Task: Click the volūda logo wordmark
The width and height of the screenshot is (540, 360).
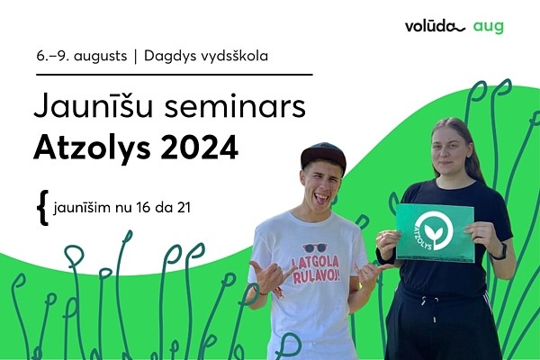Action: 435,26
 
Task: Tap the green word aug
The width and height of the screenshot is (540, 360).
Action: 489,27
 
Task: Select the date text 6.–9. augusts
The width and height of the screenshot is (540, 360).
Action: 82,56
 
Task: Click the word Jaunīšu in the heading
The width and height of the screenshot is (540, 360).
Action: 93,106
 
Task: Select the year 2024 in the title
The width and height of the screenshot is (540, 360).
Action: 200,147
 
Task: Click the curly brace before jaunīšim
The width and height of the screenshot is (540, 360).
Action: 42,207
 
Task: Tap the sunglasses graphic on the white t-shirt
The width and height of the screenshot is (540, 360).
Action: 315,247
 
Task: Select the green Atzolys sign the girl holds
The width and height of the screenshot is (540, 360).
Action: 435,232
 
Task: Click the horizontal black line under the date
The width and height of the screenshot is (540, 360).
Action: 175,74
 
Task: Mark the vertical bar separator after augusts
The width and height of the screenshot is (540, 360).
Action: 135,57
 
